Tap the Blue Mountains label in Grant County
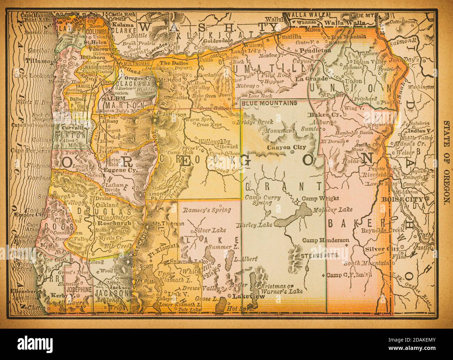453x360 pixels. click(x=269, y=103)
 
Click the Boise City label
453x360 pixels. click(x=401, y=199)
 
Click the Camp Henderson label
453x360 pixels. click(x=325, y=240)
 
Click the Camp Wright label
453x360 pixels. click(x=320, y=198)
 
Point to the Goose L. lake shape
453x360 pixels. click(x=220, y=306)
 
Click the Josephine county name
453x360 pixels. click(x=79, y=289)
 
